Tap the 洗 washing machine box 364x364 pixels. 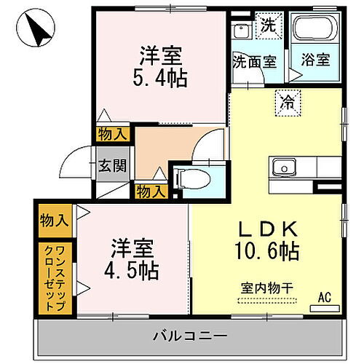pyautogui.click(x=269, y=23)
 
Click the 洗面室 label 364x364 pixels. pyautogui.click(x=255, y=61)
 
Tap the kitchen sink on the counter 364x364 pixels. pyautogui.click(x=282, y=167)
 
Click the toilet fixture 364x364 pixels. pyautogui.click(x=195, y=178)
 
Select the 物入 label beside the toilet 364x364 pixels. pyautogui.click(x=151, y=191)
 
